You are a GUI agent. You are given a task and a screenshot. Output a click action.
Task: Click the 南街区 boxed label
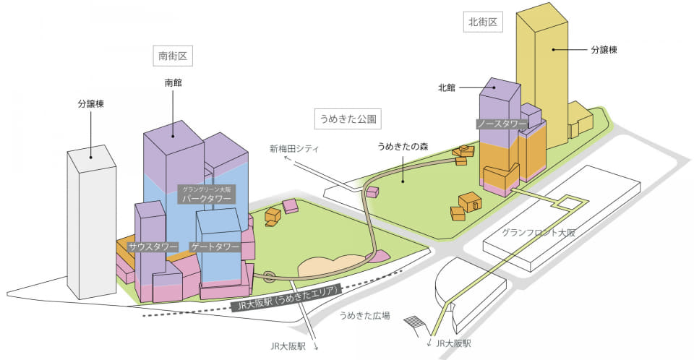[x=173, y=56]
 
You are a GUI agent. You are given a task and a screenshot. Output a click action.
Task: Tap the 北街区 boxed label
[x=483, y=22]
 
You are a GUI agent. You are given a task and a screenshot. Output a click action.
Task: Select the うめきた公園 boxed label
[x=348, y=119]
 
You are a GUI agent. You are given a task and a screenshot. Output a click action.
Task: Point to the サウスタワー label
[x=153, y=247]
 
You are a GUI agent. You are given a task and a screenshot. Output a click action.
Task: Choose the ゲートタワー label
[x=214, y=247]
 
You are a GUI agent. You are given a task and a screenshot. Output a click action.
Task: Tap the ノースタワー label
[x=502, y=124]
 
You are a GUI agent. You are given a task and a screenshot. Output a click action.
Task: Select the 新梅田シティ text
[x=294, y=149]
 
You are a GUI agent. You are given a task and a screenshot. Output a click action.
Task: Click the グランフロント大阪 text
[x=539, y=233]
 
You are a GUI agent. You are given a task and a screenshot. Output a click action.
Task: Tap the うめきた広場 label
[x=364, y=316]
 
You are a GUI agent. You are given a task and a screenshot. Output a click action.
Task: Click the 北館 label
[x=447, y=87]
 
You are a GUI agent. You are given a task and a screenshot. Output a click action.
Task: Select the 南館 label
[x=173, y=83]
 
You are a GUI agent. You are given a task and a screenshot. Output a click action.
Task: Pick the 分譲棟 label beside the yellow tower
[x=604, y=50]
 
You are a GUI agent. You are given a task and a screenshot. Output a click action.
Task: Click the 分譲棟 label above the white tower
[x=91, y=104]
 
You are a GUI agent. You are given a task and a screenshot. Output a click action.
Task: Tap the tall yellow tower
[x=542, y=75]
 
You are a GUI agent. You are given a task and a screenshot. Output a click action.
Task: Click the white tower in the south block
[x=92, y=221]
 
